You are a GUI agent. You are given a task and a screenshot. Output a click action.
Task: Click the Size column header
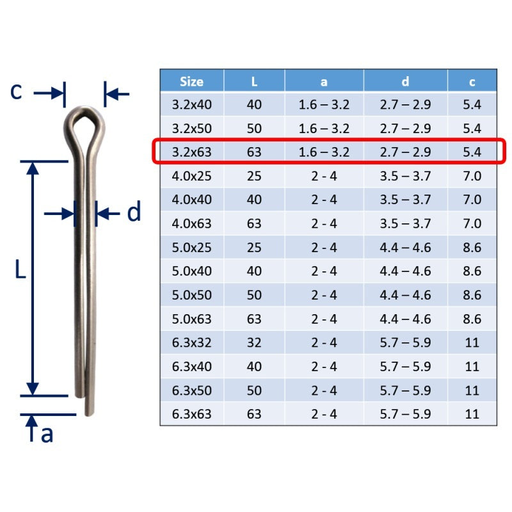(x=191, y=81)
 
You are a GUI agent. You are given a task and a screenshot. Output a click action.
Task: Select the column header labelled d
(x=405, y=81)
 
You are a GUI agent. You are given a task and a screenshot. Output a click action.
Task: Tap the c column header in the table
(x=472, y=82)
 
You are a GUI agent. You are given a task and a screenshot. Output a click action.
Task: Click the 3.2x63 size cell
(x=191, y=152)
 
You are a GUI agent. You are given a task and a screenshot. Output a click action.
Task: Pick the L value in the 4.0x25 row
(x=254, y=176)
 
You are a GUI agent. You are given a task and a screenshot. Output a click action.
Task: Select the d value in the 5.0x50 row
(x=405, y=295)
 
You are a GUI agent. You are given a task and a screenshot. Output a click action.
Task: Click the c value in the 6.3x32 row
(x=472, y=342)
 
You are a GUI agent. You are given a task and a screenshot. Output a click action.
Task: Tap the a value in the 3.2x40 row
(x=324, y=104)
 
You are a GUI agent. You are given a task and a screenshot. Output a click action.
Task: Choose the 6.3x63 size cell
(x=191, y=414)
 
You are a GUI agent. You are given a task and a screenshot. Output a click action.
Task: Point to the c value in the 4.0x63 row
(x=472, y=223)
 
